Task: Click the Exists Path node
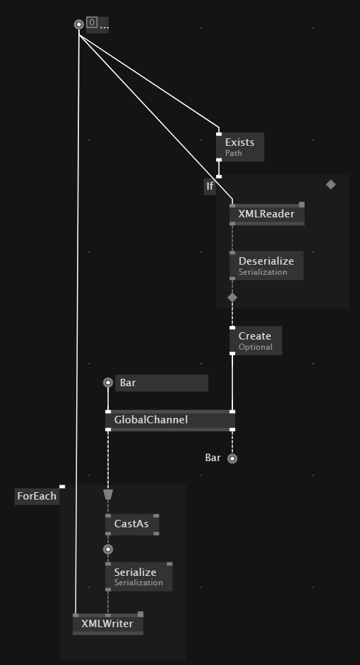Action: pyautogui.click(x=240, y=147)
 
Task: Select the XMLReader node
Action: pyautogui.click(x=267, y=214)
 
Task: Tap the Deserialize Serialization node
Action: pyautogui.click(x=266, y=265)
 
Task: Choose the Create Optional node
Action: pyautogui.click(x=255, y=340)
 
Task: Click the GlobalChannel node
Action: pyautogui.click(x=170, y=421)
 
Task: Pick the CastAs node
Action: pyautogui.click(x=132, y=524)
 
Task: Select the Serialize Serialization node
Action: pyautogui.click(x=139, y=577)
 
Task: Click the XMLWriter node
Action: pyautogui.click(x=108, y=623)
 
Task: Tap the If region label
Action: pyautogui.click(x=209, y=186)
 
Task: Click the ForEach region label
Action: pyautogui.click(x=37, y=496)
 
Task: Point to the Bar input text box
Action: pyautogui.click(x=161, y=383)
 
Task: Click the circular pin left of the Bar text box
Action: pyautogui.click(x=108, y=383)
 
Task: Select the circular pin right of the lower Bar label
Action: pyautogui.click(x=232, y=458)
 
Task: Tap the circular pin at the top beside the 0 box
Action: pyautogui.click(x=79, y=24)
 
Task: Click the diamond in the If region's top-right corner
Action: pyautogui.click(x=331, y=184)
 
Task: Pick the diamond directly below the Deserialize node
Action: pyautogui.click(x=232, y=297)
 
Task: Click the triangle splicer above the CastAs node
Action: pyautogui.click(x=108, y=495)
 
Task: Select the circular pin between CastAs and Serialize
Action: pyautogui.click(x=108, y=550)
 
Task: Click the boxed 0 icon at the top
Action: pyautogui.click(x=92, y=22)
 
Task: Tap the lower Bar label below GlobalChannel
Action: pyautogui.click(x=213, y=458)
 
